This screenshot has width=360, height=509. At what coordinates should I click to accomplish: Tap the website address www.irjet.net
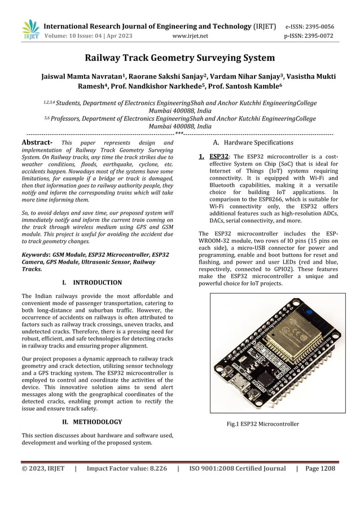pos(190,36)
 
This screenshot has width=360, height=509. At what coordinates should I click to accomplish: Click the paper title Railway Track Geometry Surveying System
pos(179,58)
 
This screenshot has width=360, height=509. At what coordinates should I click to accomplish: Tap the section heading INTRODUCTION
pos(97,282)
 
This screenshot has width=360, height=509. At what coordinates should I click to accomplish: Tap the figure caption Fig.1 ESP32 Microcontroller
pos(262,424)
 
